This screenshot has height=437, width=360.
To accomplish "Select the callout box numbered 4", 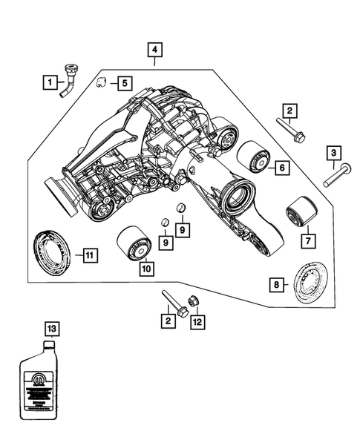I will coord(154,50).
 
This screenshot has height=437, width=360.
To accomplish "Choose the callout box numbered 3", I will coord(335,153).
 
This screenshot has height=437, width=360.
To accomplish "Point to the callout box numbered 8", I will coord(275,285).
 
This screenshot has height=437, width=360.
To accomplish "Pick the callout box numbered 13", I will coord(50,327).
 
